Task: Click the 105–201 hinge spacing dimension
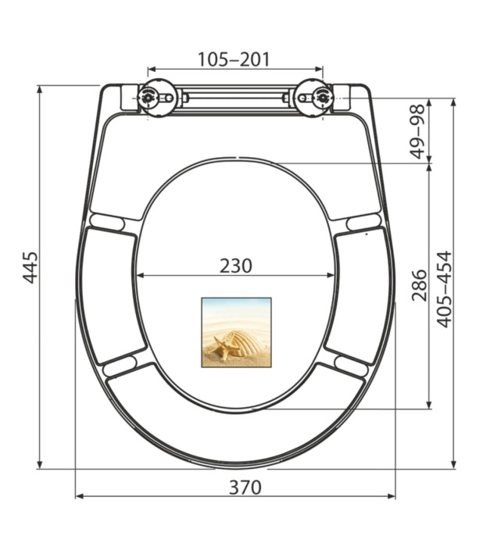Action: click(x=234, y=59)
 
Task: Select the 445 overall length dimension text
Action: click(x=30, y=267)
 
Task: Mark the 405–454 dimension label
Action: click(x=443, y=288)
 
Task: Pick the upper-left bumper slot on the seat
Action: click(x=106, y=222)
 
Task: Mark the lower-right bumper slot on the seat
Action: click(x=351, y=364)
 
